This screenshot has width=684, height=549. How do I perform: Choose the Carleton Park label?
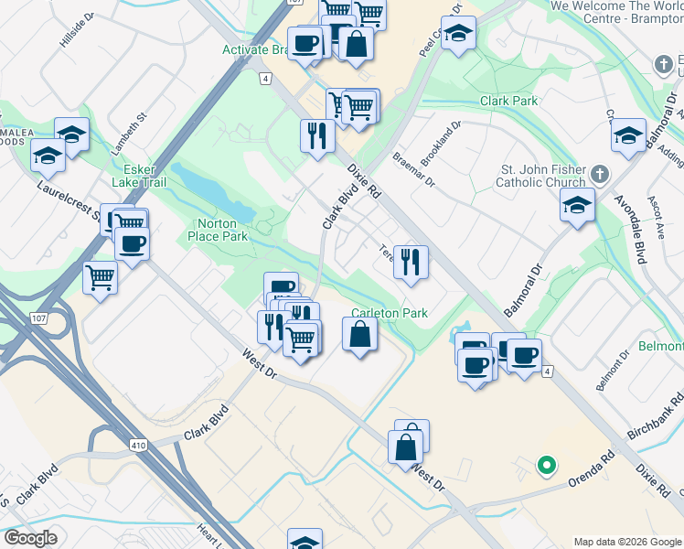(x=390, y=313)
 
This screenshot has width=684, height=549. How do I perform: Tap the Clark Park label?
(x=509, y=101)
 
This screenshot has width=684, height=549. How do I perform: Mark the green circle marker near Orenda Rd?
(x=546, y=465)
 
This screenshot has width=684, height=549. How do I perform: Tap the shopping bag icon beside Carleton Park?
(x=360, y=334)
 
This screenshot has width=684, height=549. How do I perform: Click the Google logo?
(x=30, y=538)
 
